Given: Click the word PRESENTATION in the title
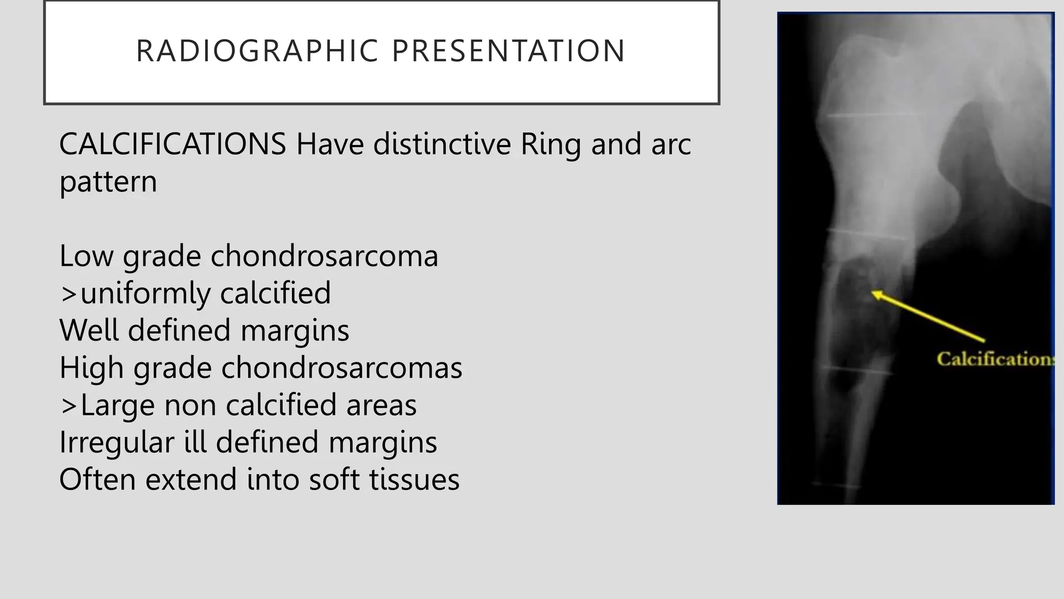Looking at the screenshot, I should pos(508,51).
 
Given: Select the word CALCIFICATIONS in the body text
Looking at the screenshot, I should pos(172,144).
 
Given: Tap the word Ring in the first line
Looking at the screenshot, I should pos(550,145).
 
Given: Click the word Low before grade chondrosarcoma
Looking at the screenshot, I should pos(86,256).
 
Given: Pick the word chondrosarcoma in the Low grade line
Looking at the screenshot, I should pos(324,256).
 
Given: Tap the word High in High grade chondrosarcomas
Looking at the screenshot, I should pos(91,368).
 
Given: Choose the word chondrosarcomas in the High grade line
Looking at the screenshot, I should pos(341,368).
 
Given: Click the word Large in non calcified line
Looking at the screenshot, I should pos(117,405).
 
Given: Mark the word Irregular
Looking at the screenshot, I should pos(116,442).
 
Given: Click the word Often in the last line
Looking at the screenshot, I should pos(97,479).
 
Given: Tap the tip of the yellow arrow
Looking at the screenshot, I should pos(873,293).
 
